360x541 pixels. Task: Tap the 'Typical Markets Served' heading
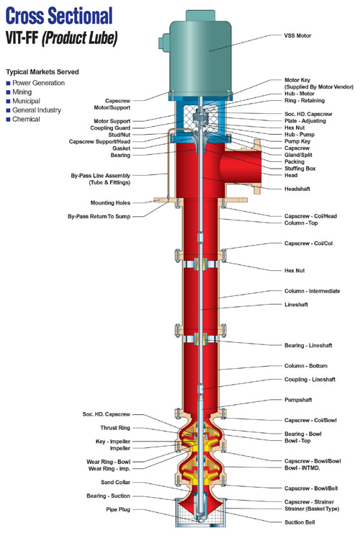41,73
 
